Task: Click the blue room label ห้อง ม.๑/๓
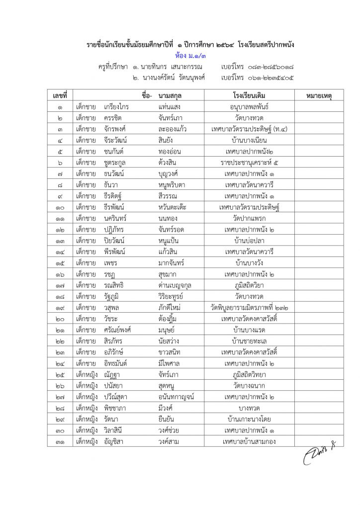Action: (x=190, y=55)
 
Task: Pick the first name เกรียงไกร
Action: (x=117, y=106)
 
